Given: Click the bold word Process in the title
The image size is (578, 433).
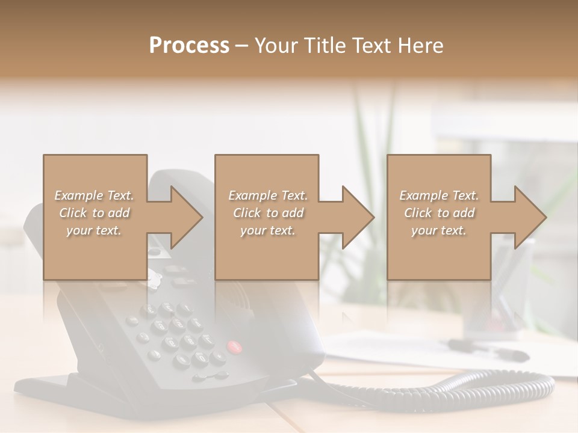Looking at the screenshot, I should point(189,46).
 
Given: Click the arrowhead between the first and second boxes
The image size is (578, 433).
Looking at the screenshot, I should point(187,217).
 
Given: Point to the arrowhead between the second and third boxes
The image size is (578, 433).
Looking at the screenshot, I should point(358,217).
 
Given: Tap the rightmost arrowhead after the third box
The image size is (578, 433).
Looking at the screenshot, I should point(530,217).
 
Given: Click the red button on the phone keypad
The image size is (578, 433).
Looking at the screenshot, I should point(234,346).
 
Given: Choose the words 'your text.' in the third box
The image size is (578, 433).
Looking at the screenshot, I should point(439,230).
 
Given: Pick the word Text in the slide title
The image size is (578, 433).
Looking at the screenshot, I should point(369,46).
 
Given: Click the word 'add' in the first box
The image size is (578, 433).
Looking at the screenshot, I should point(119,213).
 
